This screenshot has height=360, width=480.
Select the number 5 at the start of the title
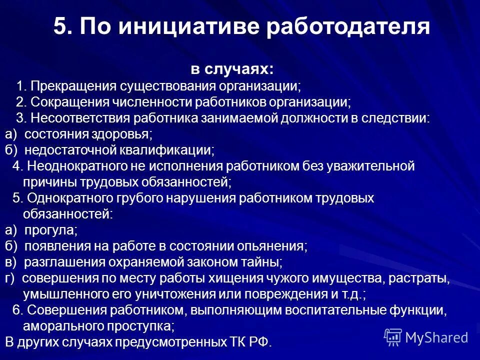[60, 26]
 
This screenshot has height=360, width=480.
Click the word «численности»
[134, 102]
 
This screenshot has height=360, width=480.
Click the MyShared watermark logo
[426, 337]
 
